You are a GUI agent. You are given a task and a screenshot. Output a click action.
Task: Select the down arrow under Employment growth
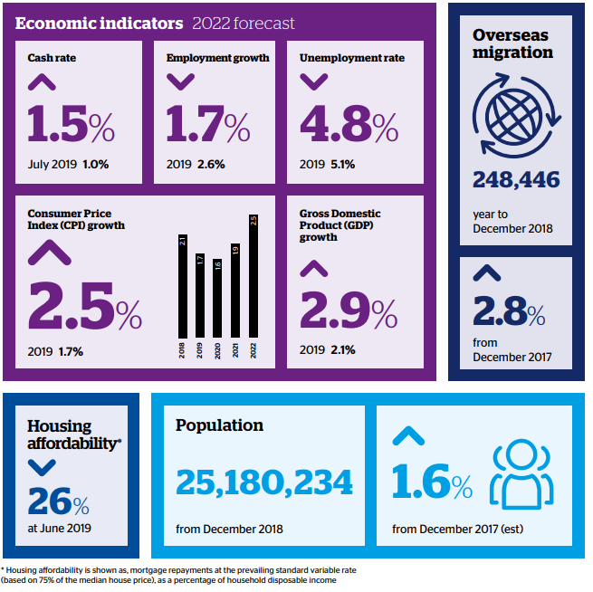(180, 82)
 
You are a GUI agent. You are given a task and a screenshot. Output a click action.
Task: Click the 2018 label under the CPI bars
(182, 351)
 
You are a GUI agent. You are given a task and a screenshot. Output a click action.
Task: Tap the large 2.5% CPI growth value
(85, 306)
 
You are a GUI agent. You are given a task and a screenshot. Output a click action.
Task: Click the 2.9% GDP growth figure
(348, 310)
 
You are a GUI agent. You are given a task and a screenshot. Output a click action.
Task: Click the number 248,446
(516, 180)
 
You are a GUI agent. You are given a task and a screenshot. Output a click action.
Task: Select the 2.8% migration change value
(509, 313)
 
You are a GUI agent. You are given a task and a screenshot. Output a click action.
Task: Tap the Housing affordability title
(71, 434)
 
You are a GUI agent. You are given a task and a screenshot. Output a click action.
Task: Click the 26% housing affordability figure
(58, 501)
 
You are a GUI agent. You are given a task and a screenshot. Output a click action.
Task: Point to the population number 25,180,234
(264, 482)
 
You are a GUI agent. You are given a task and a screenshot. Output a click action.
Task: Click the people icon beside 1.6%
(521, 474)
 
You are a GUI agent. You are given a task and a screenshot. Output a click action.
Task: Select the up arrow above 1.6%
(408, 436)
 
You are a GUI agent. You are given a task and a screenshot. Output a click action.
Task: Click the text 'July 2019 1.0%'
(68, 165)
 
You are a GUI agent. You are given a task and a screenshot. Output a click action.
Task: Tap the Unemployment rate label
(351, 58)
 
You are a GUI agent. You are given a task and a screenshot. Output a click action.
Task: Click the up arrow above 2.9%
(313, 269)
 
